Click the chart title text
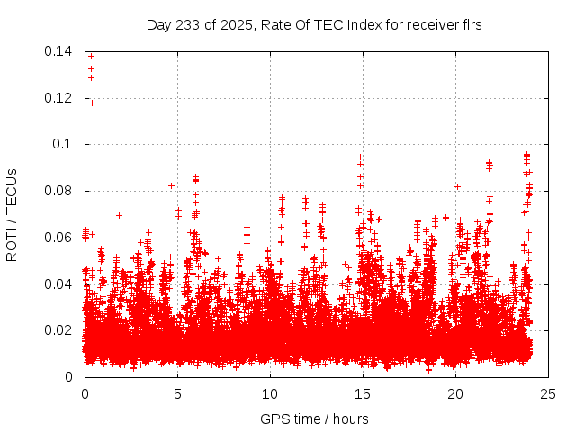pyautogui.click(x=314, y=25)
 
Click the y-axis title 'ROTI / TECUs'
pyautogui.click(x=12, y=214)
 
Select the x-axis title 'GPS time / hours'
pyautogui.click(x=314, y=418)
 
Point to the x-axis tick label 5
pyautogui.click(x=177, y=394)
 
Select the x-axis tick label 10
pyautogui.click(x=270, y=394)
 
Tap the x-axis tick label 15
pyautogui.click(x=363, y=394)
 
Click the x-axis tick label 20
pyautogui.click(x=455, y=394)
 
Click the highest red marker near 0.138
pyautogui.click(x=91, y=57)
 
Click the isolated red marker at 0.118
pyautogui.click(x=92, y=103)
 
